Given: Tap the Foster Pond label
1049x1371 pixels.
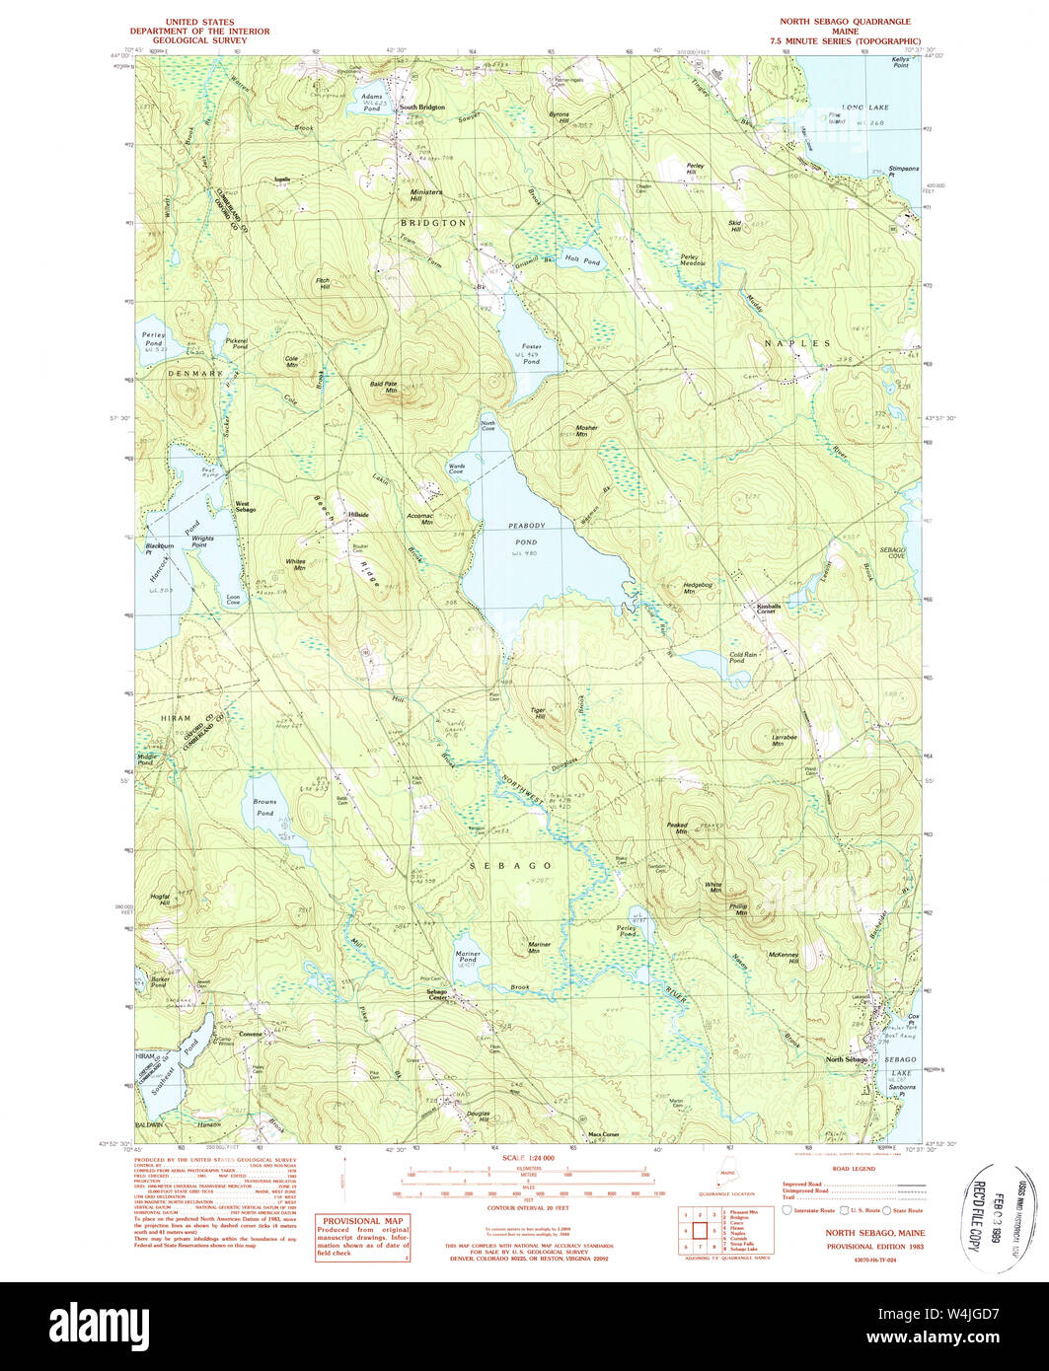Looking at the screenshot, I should (x=531, y=354).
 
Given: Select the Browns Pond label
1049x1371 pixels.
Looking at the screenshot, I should (x=264, y=808).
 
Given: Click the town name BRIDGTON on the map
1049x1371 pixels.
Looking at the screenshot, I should (x=433, y=224).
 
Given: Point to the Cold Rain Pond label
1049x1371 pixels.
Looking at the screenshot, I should (x=743, y=657).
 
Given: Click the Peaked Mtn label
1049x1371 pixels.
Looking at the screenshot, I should (x=676, y=828).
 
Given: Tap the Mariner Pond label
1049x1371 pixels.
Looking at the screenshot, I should (x=467, y=958).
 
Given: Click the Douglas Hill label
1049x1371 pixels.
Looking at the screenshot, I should (x=479, y=1116).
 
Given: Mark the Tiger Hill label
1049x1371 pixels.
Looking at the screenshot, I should (x=538, y=713).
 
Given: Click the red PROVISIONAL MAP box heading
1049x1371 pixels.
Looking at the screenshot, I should (x=361, y=1219).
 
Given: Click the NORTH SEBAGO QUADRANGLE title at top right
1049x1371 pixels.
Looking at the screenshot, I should (x=845, y=21).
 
